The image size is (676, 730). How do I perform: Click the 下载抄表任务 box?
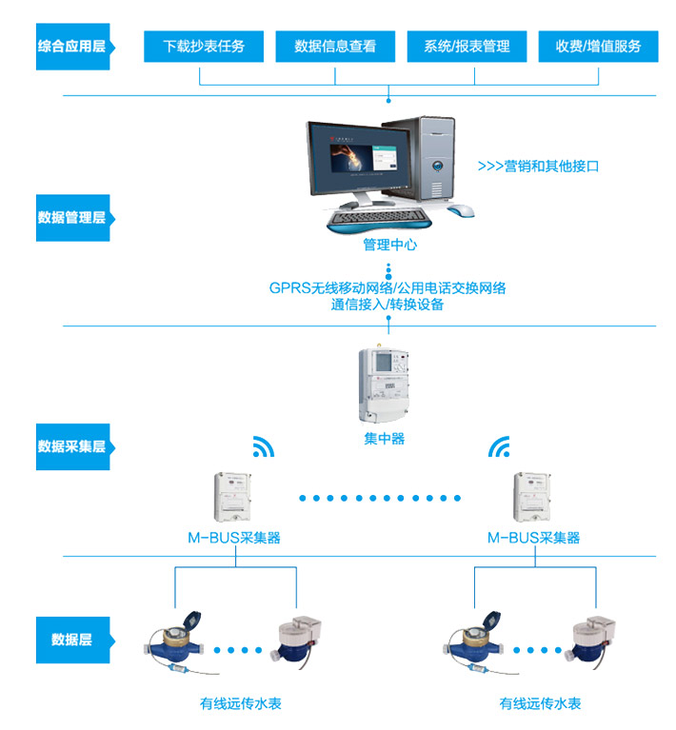tap(204, 46)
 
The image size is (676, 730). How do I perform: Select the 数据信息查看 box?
tap(335, 46)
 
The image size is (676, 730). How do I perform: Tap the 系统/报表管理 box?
tap(467, 46)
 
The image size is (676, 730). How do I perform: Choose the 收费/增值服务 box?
tap(598, 46)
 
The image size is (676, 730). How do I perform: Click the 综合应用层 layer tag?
tap(72, 46)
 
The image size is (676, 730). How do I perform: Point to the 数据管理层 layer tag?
tap(72, 217)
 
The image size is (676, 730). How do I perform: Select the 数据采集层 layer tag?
tap(72, 445)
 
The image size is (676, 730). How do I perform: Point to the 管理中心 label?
tap(389, 245)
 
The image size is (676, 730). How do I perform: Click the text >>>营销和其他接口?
tap(538, 166)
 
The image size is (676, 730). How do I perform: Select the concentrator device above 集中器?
tap(384, 385)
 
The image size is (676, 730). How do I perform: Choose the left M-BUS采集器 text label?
tap(233, 538)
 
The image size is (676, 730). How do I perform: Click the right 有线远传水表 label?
tap(540, 704)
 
